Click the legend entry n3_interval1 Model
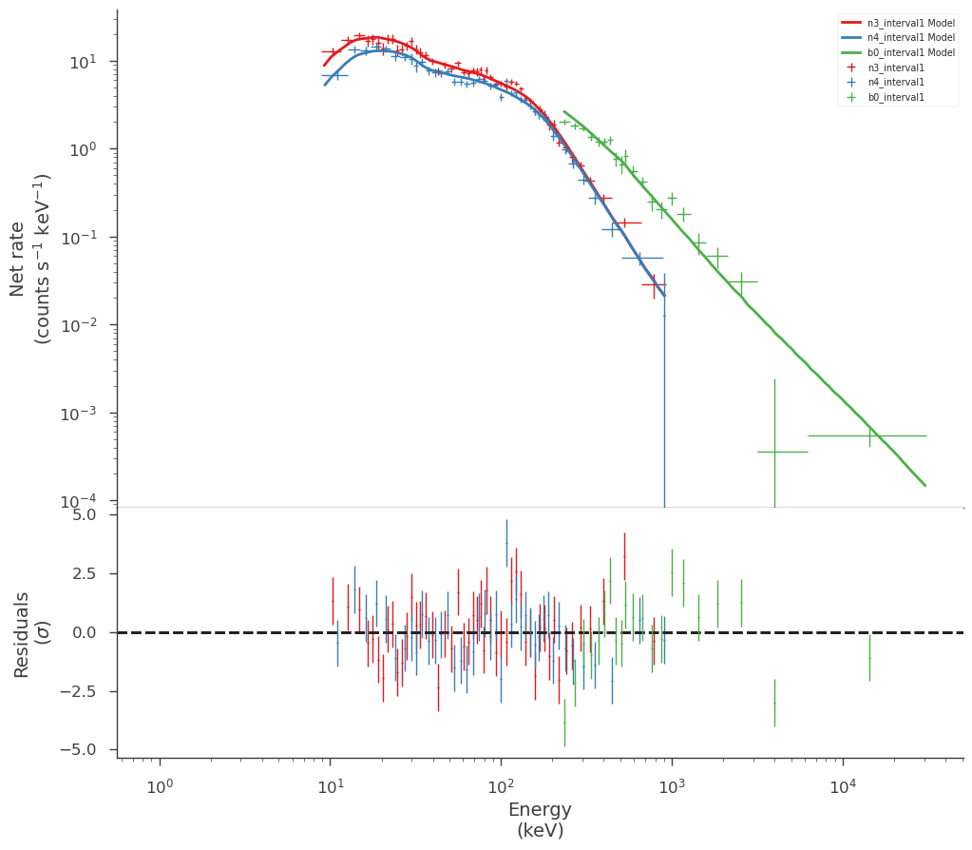click(x=898, y=22)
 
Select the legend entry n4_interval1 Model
click(x=898, y=37)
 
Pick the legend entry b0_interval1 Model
click(x=898, y=52)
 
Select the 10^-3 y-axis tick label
click(x=78, y=413)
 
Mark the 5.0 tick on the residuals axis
click(x=85, y=514)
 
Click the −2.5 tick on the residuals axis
click(x=78, y=691)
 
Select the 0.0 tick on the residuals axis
click(x=85, y=632)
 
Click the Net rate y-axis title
click(x=30, y=259)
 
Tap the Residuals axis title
click(x=30, y=634)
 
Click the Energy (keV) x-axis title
click(x=540, y=819)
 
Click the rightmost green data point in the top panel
click(x=869, y=435)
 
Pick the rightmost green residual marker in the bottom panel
click(x=869, y=658)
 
